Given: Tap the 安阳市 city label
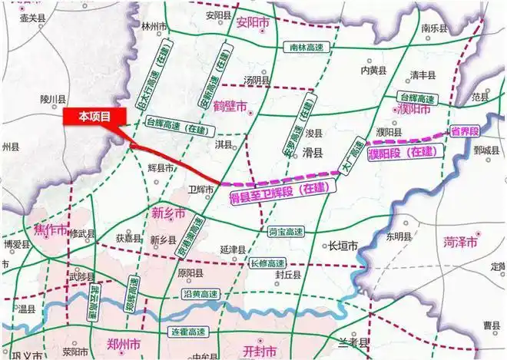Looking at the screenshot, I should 254,24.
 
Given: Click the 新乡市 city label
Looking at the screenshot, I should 167,212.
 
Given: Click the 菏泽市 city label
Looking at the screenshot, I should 460,242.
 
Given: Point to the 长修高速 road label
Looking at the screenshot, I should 268,263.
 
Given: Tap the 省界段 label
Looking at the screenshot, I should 466,130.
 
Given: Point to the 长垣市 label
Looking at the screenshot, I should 343,246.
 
